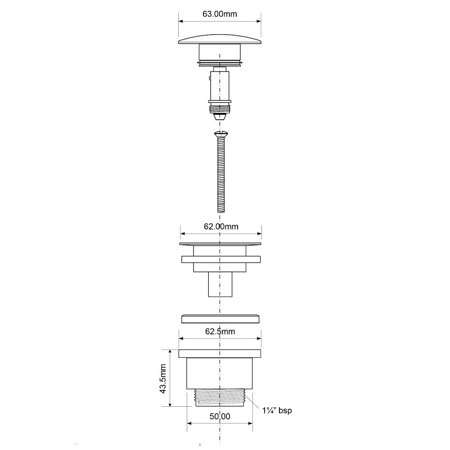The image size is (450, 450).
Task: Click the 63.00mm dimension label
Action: [220, 14]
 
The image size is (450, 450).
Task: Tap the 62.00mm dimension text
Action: [221, 226]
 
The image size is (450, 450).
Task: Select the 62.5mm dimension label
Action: [220, 332]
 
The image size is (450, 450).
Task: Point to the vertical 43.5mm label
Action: [163, 378]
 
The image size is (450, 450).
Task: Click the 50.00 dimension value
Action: [220, 416]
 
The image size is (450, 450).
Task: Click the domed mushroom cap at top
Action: [220, 40]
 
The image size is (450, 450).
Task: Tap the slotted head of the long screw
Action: [220, 134]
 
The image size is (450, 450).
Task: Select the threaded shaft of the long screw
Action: [221, 175]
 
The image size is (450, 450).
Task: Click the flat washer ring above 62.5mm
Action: [220, 319]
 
